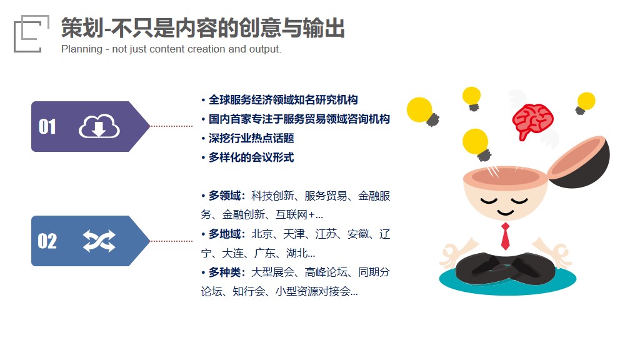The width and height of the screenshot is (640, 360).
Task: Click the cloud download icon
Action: coord(99,126)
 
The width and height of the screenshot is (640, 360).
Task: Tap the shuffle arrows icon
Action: coord(99,241)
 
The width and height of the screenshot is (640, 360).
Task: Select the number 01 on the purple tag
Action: coord(47,126)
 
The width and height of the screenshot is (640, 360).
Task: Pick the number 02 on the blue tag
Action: coord(47,241)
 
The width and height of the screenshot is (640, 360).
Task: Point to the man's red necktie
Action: coord(505,236)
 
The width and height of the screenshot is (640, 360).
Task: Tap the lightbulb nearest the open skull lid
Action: coord(585,103)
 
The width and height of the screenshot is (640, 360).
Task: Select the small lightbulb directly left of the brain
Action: coord(472,98)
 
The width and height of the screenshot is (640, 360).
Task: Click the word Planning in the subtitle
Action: coord(82,49)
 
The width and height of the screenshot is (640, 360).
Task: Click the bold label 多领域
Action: coord(224,196)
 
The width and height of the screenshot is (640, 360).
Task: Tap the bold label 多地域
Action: coord(224,234)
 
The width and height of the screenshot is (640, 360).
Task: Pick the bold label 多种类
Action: coord(224,272)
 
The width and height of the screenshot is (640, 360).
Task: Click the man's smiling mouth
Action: coord(505,212)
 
